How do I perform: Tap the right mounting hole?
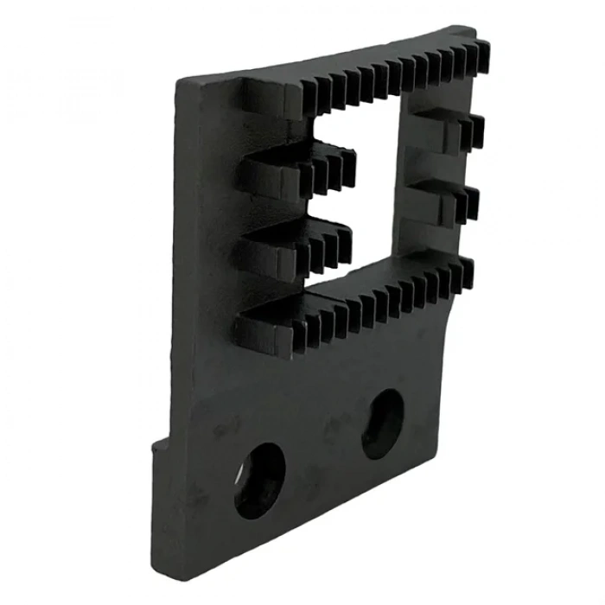pyautogui.click(x=382, y=423)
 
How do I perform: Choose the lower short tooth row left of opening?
pyautogui.click(x=298, y=242)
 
